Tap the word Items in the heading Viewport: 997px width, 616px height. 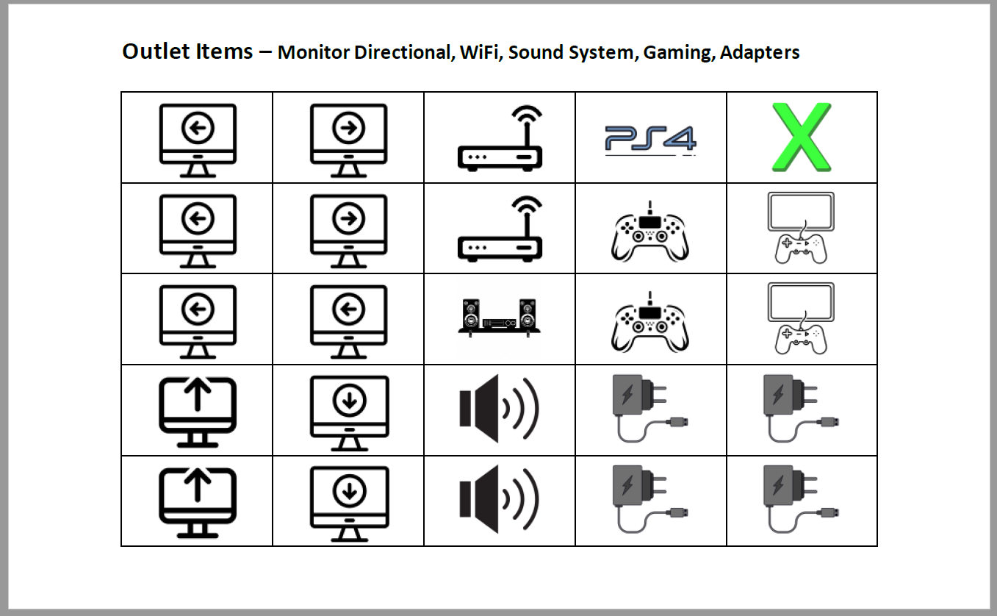224,51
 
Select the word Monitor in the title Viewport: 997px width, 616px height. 313,52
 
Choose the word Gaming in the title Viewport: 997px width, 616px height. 679,53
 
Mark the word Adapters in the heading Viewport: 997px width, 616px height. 760,53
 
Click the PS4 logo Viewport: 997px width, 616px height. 651,140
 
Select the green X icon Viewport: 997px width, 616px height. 802,137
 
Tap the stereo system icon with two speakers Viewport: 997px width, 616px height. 499,318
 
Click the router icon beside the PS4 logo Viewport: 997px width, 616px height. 500,138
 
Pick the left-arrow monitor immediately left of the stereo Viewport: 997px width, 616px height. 348,321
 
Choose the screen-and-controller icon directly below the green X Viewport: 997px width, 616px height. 801,228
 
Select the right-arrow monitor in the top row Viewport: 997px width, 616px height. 348,140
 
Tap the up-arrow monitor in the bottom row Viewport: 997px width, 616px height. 198,502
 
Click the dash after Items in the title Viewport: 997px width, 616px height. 265,52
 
